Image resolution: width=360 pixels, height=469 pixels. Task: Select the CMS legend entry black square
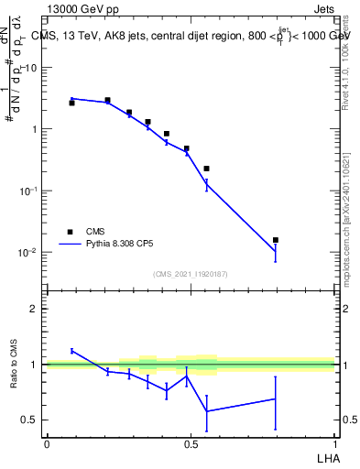[x=69, y=232]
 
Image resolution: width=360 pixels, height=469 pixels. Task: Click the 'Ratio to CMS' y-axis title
[x=13, y=365]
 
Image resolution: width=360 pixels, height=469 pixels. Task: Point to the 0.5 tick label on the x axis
[x=191, y=444]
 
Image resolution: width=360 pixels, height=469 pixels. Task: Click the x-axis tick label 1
[x=334, y=444]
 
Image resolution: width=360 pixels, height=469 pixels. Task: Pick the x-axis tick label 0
[x=47, y=444]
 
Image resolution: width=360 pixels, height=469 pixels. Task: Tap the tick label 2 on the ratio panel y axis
[x=33, y=309]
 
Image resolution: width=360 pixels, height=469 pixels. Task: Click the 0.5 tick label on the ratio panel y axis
[x=29, y=420]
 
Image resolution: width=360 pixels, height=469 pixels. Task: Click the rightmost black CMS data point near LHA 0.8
[x=276, y=240]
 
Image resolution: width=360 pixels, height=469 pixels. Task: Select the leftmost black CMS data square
[x=71, y=103]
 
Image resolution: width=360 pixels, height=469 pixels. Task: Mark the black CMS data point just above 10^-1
[x=207, y=169]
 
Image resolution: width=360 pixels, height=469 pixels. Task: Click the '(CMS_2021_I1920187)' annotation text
[x=190, y=274]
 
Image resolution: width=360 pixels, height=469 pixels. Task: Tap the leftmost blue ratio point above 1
[x=71, y=351]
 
